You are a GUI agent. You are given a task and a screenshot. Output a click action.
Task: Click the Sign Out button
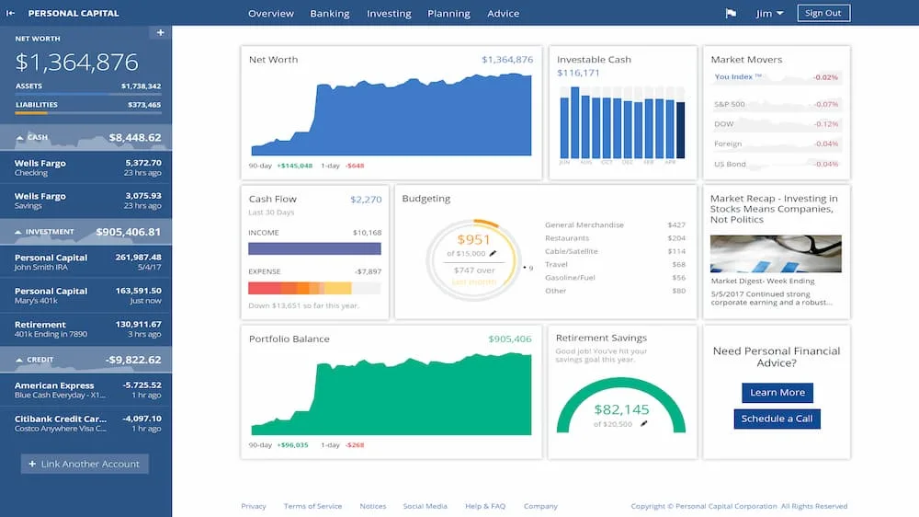pyautogui.click(x=823, y=13)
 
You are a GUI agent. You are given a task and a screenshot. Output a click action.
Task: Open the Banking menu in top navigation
pyautogui.click(x=329, y=14)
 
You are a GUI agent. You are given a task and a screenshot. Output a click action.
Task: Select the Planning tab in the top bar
pyautogui.click(x=448, y=14)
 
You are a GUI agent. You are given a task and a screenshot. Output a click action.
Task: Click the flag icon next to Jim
pyautogui.click(x=732, y=14)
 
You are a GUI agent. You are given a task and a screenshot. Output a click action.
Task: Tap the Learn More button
pyautogui.click(x=777, y=393)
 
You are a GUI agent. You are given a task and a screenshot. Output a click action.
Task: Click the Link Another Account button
pyautogui.click(x=85, y=465)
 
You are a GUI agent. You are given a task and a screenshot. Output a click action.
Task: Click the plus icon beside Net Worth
pyautogui.click(x=160, y=33)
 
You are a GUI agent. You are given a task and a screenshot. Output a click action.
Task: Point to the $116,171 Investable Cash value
pyautogui.click(x=578, y=74)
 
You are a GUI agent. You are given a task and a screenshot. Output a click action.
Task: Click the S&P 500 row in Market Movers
pyautogui.click(x=776, y=104)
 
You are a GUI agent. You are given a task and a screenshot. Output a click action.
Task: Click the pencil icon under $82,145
pyautogui.click(x=644, y=424)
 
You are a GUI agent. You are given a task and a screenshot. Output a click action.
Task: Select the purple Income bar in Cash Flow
pyautogui.click(x=314, y=248)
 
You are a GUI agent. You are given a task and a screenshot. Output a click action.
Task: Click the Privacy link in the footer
pyautogui.click(x=254, y=506)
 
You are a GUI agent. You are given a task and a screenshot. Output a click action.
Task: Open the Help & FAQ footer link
pyautogui.click(x=485, y=506)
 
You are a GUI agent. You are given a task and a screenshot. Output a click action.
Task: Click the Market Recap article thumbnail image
pyautogui.click(x=776, y=254)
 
